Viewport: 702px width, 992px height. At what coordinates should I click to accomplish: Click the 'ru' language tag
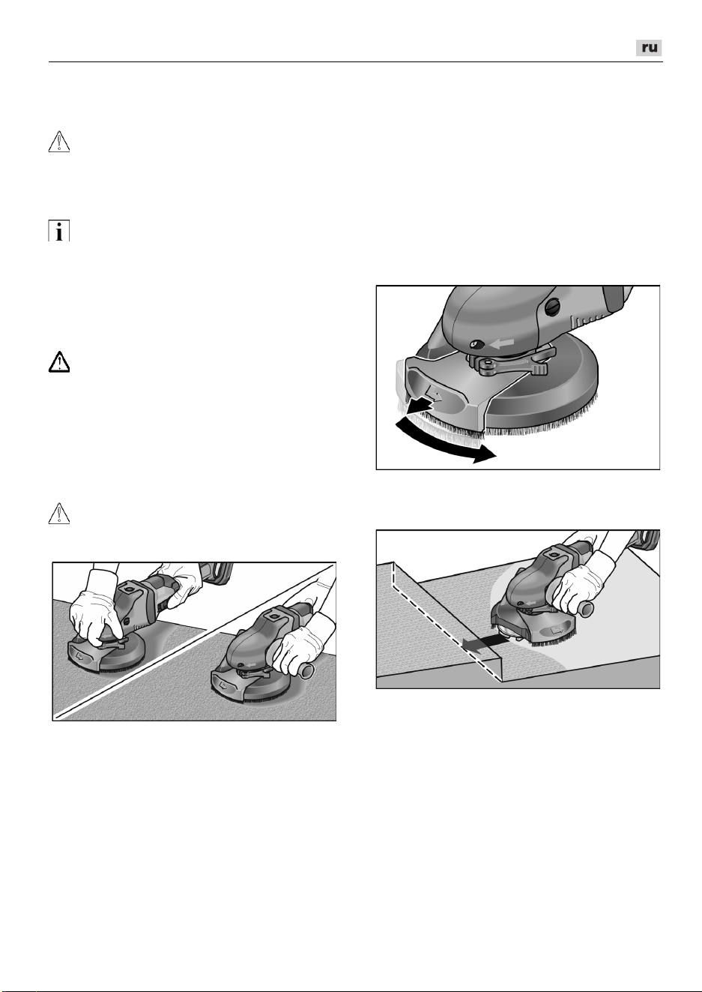click(x=649, y=48)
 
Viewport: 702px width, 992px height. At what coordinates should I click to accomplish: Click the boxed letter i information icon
click(x=59, y=231)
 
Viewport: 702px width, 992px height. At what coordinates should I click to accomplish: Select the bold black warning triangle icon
click(x=59, y=362)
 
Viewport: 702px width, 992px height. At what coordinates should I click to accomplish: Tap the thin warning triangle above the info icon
click(x=59, y=142)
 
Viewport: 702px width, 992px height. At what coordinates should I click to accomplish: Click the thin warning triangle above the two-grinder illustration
click(x=59, y=514)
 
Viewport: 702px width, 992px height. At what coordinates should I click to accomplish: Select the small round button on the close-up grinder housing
click(x=476, y=344)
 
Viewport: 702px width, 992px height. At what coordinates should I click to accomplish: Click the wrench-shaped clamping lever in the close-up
click(x=512, y=362)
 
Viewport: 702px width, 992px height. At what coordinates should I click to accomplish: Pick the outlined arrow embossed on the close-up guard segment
click(x=434, y=392)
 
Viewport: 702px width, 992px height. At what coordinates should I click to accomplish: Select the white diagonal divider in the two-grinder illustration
click(x=195, y=642)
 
